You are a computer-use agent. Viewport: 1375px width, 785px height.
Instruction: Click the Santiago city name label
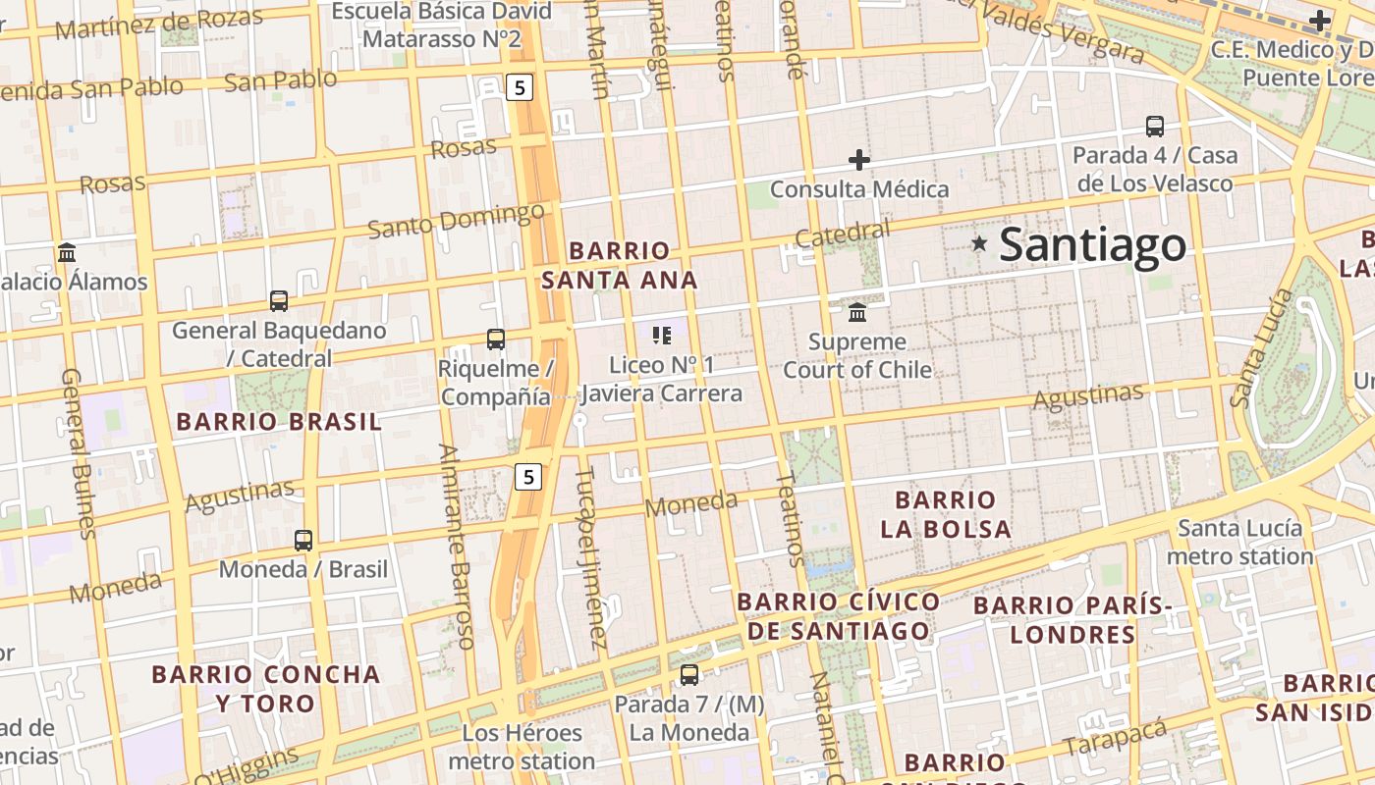point(1092,245)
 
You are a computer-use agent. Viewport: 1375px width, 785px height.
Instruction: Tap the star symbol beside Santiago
point(979,243)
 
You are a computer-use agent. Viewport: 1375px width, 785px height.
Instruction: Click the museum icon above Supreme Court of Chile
point(857,312)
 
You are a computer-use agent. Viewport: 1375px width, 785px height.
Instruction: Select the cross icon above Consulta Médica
point(859,159)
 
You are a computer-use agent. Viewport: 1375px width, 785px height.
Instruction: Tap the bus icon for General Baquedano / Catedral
point(279,301)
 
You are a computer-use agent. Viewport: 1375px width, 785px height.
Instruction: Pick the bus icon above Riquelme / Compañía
point(496,340)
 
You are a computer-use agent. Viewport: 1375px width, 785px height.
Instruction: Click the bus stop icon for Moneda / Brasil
point(303,540)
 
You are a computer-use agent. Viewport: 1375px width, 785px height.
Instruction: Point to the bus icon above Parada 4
point(1155,127)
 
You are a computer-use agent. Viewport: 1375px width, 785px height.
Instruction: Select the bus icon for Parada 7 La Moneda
point(689,675)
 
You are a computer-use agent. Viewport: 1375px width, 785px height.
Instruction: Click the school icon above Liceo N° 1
point(662,336)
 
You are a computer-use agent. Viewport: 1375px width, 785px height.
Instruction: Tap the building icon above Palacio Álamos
point(67,252)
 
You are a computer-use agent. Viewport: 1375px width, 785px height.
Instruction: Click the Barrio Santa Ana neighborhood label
point(620,265)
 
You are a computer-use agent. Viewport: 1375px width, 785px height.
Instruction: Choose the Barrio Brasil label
point(278,422)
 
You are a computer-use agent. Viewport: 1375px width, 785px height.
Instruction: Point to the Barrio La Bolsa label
point(946,514)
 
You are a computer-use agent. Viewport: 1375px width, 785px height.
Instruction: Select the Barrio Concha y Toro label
point(266,688)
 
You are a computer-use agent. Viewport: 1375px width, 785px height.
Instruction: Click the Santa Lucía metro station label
point(1239,542)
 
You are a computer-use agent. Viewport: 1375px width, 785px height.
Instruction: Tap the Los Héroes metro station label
point(522,747)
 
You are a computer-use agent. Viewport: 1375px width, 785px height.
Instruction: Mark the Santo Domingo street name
point(456,221)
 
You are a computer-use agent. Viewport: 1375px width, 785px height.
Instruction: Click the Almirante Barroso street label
point(457,546)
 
